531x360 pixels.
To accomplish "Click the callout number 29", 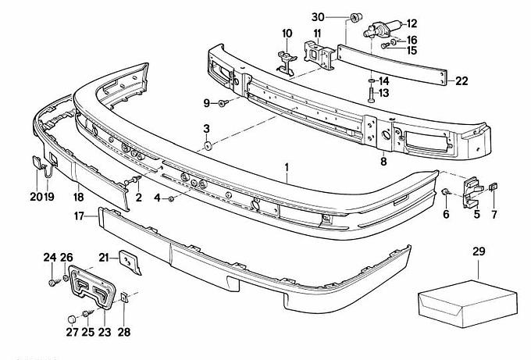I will (479, 251).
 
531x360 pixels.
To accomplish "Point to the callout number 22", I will (462, 80).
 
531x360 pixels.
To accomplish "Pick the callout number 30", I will (318, 17).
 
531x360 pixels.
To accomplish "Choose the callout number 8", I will (383, 162).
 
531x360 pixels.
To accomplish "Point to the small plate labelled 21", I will (128, 262).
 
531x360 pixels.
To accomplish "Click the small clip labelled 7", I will (494, 187).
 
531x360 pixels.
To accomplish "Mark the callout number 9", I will (207, 102).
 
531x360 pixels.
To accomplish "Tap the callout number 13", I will (383, 94).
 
